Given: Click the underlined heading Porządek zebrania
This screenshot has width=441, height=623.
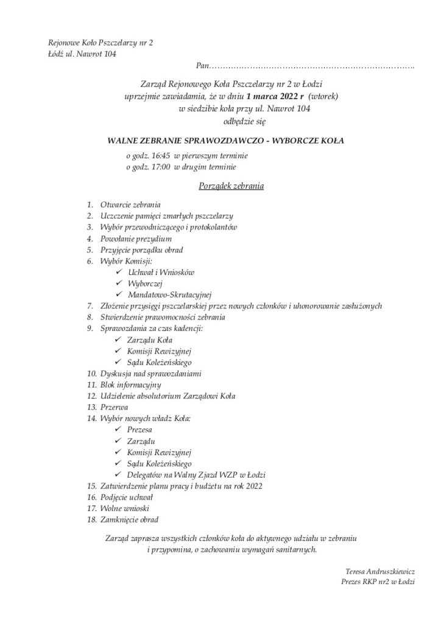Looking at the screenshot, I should coord(231,186).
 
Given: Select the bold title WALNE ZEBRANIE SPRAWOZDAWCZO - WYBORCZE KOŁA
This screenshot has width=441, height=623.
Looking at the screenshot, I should coord(225,141).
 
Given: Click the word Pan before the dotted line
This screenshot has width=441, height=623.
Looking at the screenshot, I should coord(202,64).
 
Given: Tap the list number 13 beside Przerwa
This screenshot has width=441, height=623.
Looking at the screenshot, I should coord(91,407).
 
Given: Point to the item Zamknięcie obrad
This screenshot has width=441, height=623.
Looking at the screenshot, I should coord(129,520).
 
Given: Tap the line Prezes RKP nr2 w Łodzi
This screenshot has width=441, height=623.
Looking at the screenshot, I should coord(378,582).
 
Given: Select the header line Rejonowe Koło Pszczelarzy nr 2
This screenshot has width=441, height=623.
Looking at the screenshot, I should coord(101,43).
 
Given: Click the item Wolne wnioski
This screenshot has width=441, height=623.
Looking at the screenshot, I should coord(124,508).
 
